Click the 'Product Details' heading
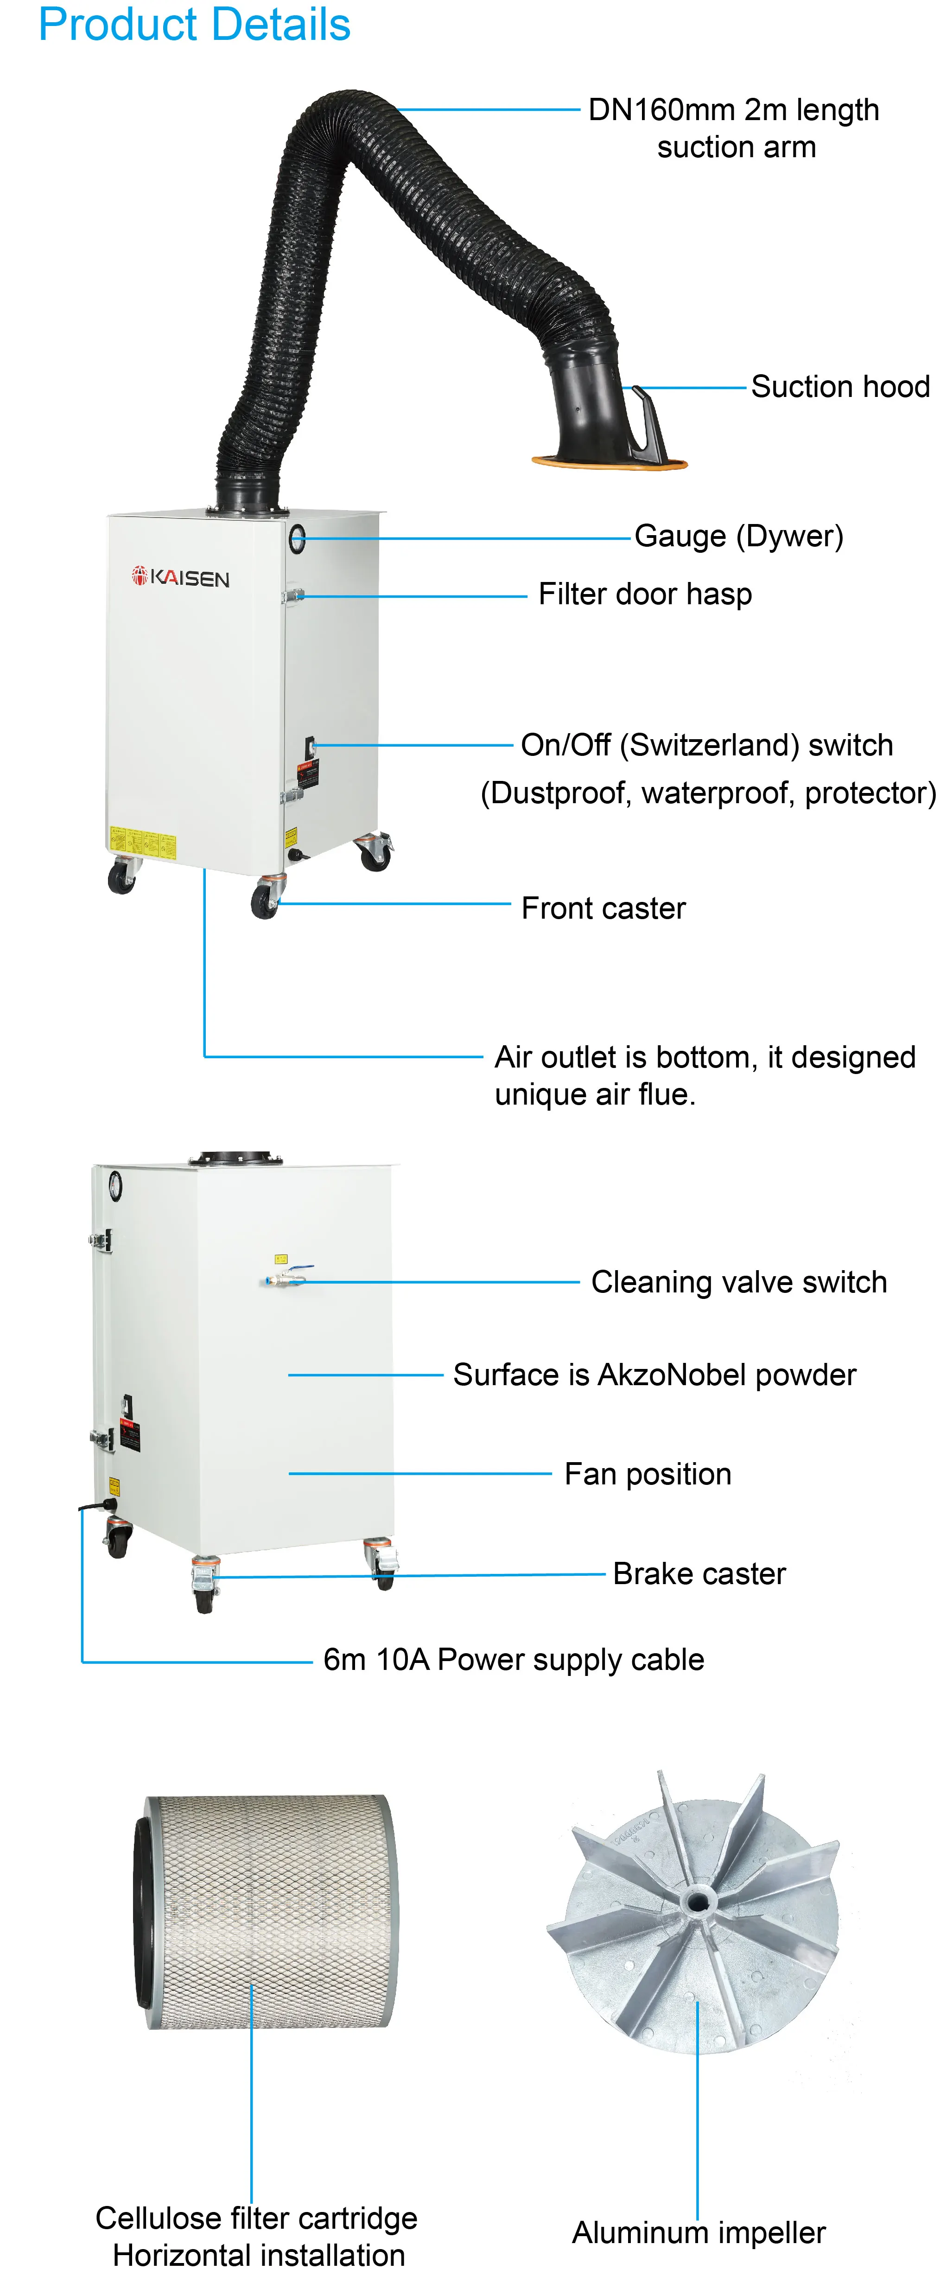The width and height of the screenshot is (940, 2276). click(x=194, y=25)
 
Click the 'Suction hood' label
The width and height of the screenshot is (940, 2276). click(x=839, y=387)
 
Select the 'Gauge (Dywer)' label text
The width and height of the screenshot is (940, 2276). click(x=738, y=537)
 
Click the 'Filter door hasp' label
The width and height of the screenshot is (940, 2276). click(x=645, y=595)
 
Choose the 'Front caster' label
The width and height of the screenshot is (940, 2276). click(x=603, y=908)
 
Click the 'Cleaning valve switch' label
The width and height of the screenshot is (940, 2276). click(x=738, y=1282)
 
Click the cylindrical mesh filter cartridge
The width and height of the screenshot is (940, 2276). click(x=265, y=1913)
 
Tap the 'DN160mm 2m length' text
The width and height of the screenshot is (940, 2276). click(x=733, y=110)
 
